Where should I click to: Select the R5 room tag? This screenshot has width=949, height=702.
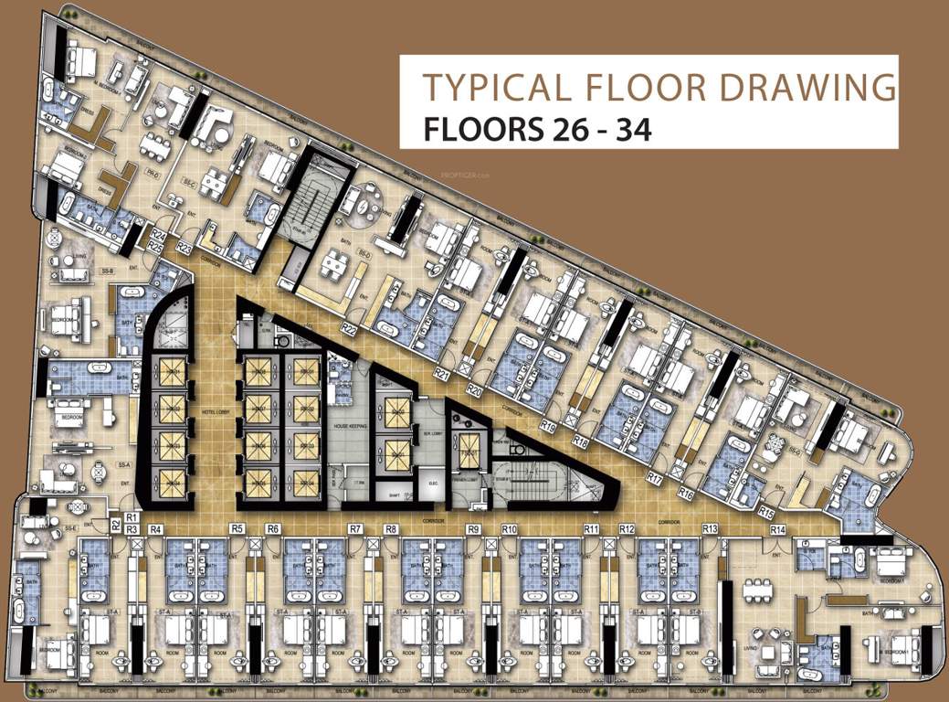pyautogui.click(x=237, y=528)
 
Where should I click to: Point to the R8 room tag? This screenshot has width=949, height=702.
pyautogui.click(x=391, y=529)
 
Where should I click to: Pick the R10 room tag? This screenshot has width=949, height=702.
pyautogui.click(x=510, y=529)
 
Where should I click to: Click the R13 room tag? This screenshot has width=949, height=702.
pyautogui.click(x=710, y=529)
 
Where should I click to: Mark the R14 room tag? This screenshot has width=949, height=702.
pyautogui.click(x=777, y=529)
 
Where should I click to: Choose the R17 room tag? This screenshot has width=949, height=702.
pyautogui.click(x=654, y=477)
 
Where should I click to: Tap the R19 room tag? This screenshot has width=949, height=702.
pyautogui.click(x=548, y=425)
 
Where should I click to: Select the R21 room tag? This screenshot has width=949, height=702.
pyautogui.click(x=443, y=374)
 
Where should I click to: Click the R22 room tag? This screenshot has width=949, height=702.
pyautogui.click(x=348, y=327)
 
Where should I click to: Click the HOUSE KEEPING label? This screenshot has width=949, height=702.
pyautogui.click(x=350, y=426)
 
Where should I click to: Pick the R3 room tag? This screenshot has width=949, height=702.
pyautogui.click(x=132, y=529)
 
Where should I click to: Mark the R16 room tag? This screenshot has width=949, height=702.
pyautogui.click(x=687, y=493)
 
